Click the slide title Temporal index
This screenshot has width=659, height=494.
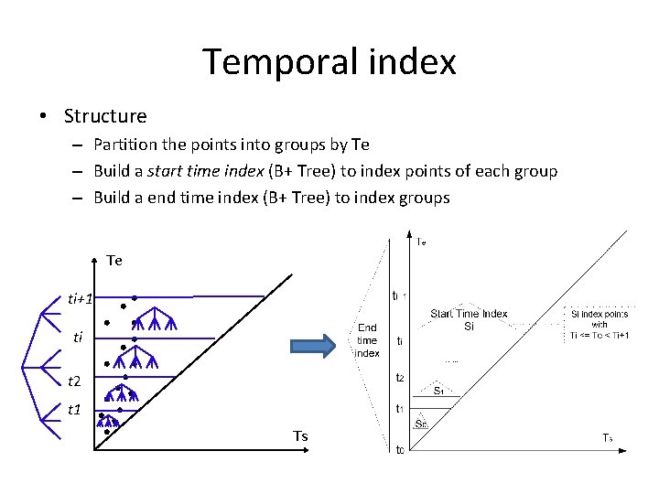pyautogui.click(x=329, y=62)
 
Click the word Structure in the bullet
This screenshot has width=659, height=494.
pyautogui.click(x=105, y=116)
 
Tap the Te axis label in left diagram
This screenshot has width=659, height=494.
pyautogui.click(x=114, y=261)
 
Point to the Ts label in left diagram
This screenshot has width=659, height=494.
pyautogui.click(x=300, y=436)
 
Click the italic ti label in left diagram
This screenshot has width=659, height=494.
pyautogui.click(x=79, y=338)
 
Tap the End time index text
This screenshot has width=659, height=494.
pyautogui.click(x=367, y=339)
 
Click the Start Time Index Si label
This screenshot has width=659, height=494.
pyautogui.click(x=469, y=319)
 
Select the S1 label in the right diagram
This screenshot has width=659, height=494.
pyautogui.click(x=439, y=390)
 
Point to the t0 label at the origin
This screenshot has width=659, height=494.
pyautogui.click(x=399, y=449)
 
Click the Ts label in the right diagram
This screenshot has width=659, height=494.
pyautogui.click(x=607, y=438)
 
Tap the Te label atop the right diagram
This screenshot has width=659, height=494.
pyautogui.click(x=420, y=242)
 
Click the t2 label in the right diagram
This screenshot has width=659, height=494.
pyautogui.click(x=399, y=377)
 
